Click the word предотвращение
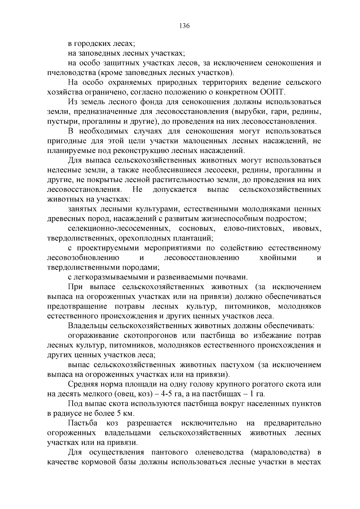pyautogui.click(x=77, y=307)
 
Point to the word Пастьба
pyautogui.click(x=82, y=423)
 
